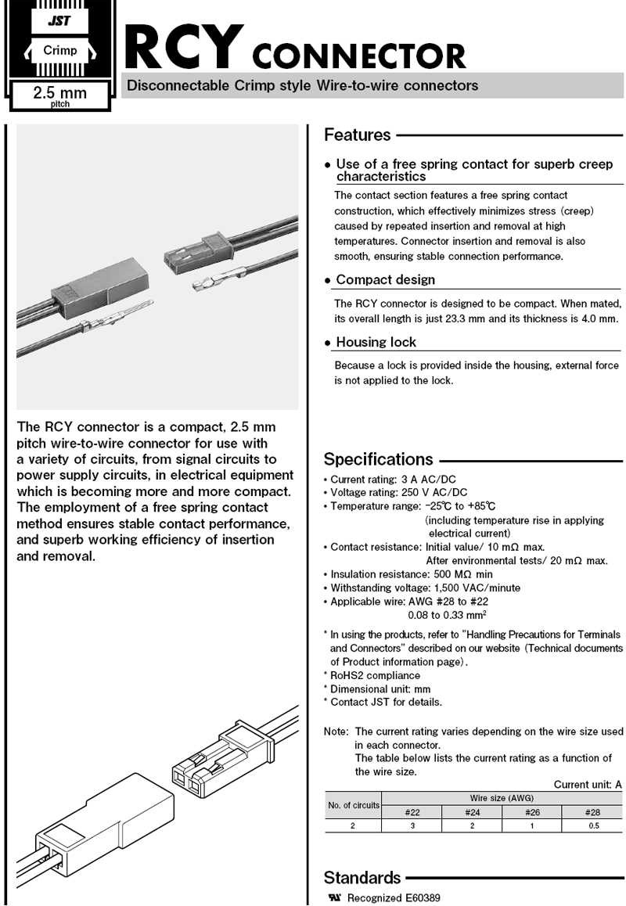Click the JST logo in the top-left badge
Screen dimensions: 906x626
point(59,21)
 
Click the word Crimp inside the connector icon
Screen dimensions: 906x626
point(60,51)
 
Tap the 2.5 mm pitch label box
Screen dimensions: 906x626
point(59,95)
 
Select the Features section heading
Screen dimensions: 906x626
point(357,135)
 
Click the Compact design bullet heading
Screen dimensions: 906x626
point(385,280)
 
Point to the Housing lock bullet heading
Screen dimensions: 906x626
point(376,342)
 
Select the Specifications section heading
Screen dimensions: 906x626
point(378,459)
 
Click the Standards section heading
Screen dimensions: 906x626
point(362,878)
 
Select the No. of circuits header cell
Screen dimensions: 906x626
point(353,805)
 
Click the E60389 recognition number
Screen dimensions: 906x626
point(425,899)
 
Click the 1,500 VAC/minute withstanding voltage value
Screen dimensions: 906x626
point(476,588)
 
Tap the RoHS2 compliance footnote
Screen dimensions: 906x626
point(375,675)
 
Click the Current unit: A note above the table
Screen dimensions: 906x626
point(588,785)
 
